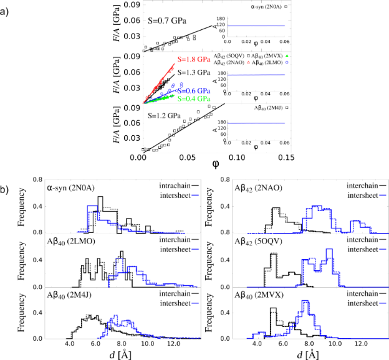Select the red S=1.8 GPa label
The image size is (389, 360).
tap(193, 60)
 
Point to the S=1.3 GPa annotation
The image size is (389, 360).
tap(195, 72)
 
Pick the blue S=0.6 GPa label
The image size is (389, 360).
tap(193, 91)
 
